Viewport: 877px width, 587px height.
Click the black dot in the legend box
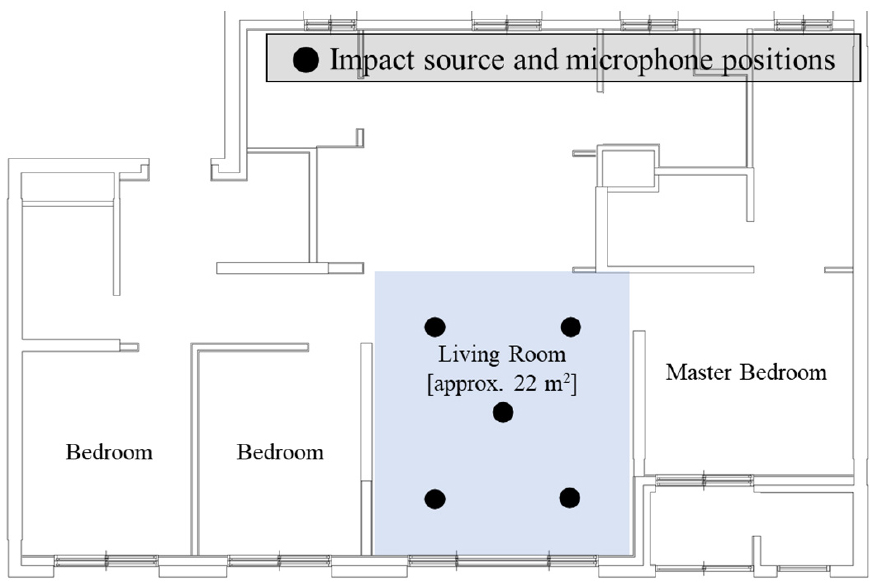click(x=307, y=60)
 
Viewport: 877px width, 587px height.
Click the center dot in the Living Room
click(x=503, y=412)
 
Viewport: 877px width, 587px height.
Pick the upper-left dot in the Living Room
click(x=435, y=326)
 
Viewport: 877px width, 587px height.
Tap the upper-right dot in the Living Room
click(x=571, y=326)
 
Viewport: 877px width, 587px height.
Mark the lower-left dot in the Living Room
click(x=435, y=499)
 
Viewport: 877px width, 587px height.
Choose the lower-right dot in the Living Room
click(x=570, y=498)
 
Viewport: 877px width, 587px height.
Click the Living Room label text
click(x=502, y=355)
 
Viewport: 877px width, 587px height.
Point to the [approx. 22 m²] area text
click(x=502, y=383)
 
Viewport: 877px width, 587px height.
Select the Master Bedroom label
click(x=746, y=373)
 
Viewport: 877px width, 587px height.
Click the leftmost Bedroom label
click(x=109, y=452)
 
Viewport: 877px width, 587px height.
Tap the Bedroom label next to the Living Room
click(x=280, y=452)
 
